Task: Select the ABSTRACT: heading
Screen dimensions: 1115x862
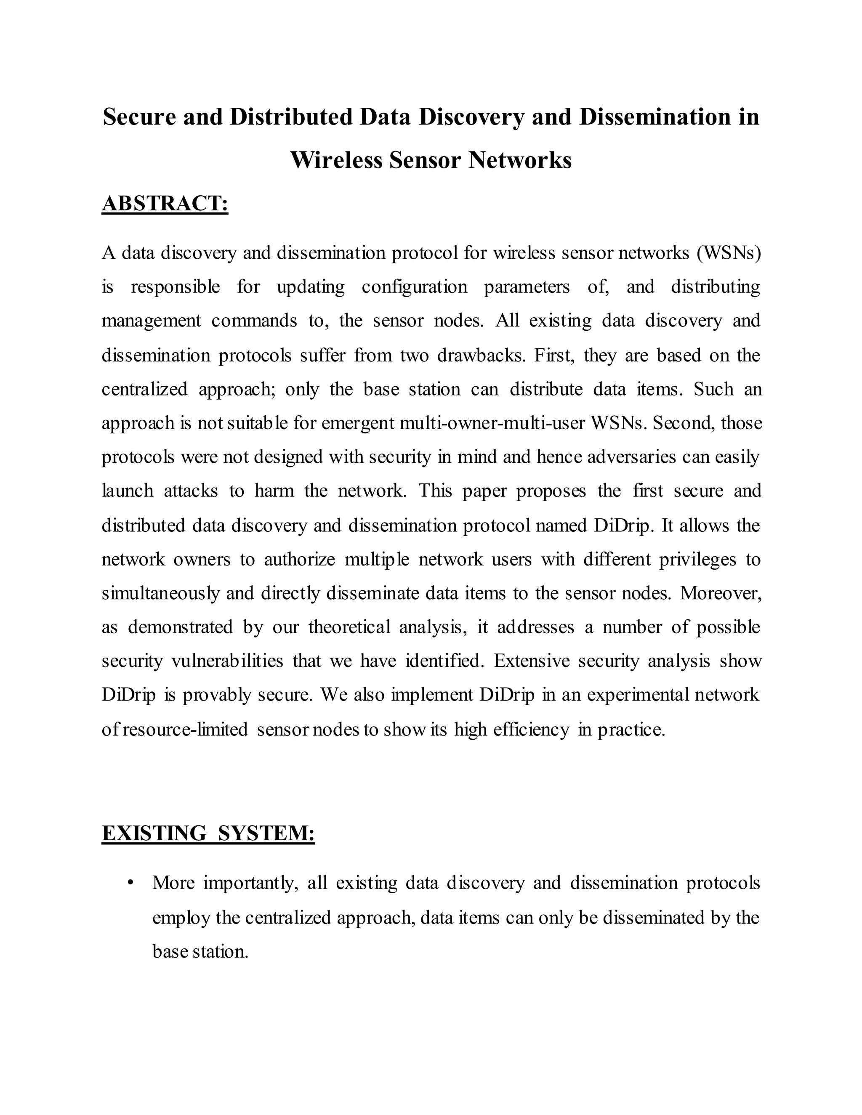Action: (x=165, y=203)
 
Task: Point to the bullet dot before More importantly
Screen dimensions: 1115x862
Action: (x=131, y=883)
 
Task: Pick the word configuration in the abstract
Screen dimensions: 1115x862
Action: (x=414, y=287)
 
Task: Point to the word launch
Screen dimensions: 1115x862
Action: (x=127, y=491)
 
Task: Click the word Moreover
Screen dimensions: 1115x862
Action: (x=720, y=593)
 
